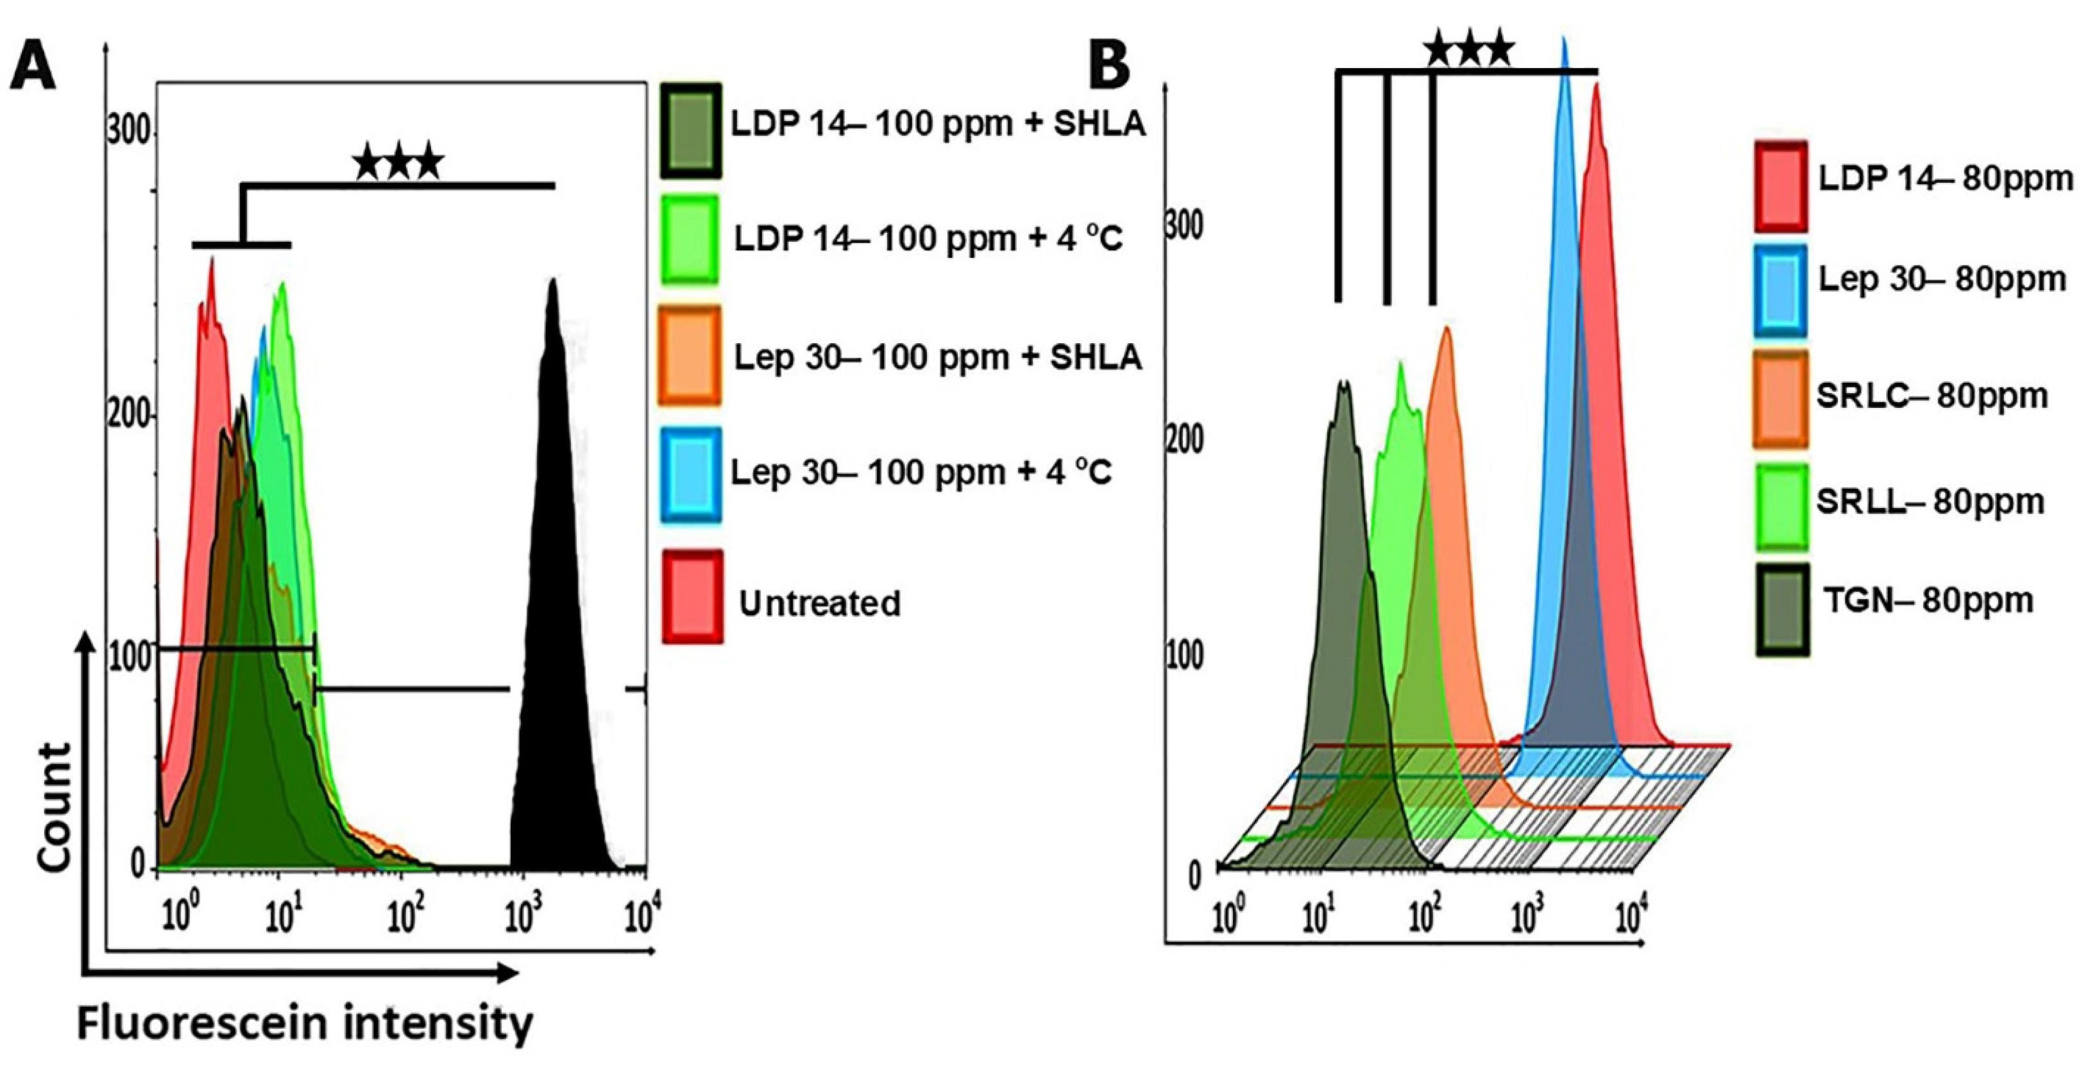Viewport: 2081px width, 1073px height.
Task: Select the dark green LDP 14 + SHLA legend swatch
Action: click(692, 130)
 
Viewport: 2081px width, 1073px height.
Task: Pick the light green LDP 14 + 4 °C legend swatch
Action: click(692, 239)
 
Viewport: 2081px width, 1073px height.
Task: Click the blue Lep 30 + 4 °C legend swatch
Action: click(691, 474)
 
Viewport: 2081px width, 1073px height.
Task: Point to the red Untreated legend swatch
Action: click(693, 596)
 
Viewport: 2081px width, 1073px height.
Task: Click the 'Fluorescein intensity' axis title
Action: click(305, 1024)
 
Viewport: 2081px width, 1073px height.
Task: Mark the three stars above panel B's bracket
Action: click(1468, 51)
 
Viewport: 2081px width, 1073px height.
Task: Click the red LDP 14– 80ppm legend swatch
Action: click(1781, 186)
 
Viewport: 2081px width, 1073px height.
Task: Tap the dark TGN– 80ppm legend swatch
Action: click(1782, 609)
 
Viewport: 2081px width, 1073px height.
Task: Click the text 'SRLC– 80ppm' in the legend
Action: click(1932, 395)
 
